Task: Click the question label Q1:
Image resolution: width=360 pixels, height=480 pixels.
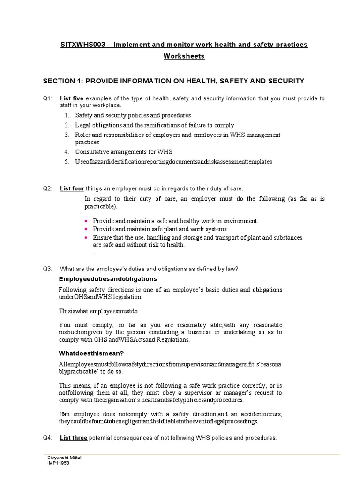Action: point(48,98)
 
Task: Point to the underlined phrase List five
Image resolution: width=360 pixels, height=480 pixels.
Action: point(72,98)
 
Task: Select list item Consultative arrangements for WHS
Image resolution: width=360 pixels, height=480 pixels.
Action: point(124,152)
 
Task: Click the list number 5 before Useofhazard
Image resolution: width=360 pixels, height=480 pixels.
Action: point(67,162)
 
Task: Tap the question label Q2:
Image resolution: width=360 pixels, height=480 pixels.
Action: point(48,189)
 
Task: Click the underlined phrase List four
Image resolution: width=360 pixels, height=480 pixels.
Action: point(72,189)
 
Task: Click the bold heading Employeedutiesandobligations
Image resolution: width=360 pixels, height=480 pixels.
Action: point(107,279)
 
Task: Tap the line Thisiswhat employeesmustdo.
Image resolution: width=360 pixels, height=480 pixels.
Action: point(99,311)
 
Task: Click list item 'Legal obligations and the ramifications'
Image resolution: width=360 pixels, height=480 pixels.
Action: point(155,125)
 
